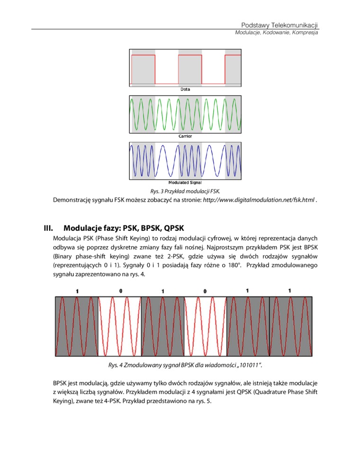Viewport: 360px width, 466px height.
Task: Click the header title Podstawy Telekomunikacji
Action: coord(279,25)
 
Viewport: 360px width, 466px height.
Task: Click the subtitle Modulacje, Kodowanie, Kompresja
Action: coord(277,33)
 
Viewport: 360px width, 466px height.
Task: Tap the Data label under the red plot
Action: coord(185,89)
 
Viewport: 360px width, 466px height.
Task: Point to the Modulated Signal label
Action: coord(185,183)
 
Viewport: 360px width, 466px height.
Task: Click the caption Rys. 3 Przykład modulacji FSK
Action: coord(185,191)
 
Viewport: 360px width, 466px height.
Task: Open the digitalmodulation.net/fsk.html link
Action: coord(259,200)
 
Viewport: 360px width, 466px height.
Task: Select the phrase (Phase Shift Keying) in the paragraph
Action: coord(112,238)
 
